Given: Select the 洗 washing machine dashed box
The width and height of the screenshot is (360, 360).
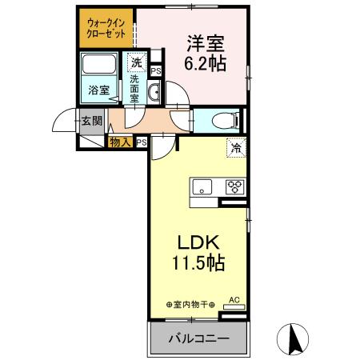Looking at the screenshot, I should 136,62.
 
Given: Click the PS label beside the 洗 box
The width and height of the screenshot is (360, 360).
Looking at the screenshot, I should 154,71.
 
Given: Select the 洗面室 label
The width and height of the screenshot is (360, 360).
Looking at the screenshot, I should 135,86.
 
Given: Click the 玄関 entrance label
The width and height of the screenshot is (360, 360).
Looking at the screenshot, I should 90,122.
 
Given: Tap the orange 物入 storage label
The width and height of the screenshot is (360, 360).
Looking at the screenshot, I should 120,142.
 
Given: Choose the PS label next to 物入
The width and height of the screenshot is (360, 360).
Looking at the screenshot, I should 141,142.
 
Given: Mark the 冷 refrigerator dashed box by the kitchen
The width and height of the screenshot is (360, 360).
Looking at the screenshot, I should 238,146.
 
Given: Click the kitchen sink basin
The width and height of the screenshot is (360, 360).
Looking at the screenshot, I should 202,188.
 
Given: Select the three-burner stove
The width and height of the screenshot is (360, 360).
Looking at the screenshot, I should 234,188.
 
